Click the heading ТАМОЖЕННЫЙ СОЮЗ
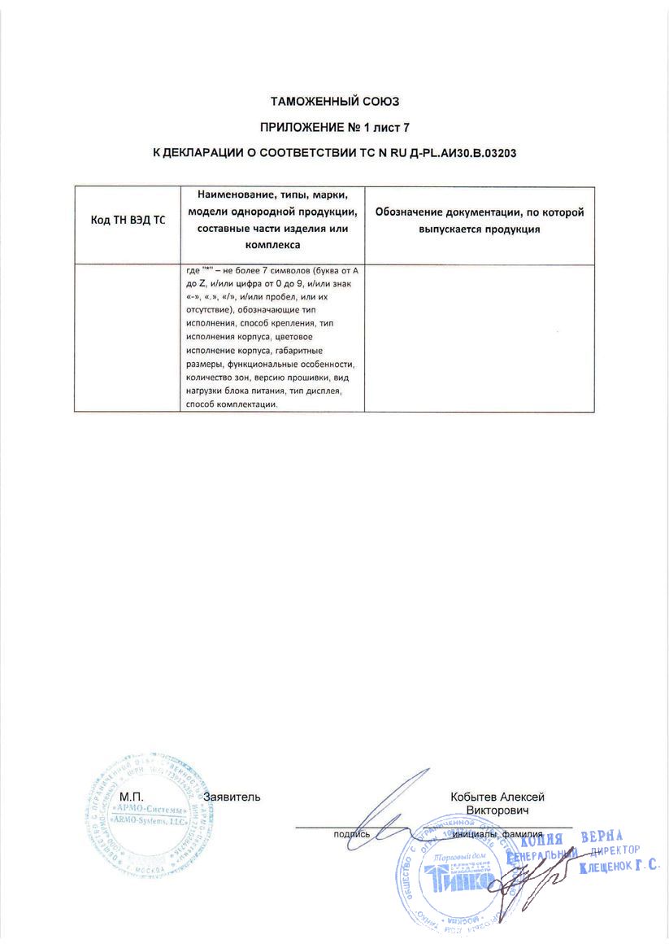coord(335,102)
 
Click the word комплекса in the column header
coord(272,244)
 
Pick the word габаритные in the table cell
coord(300,352)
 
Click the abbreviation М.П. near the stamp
coord(131,797)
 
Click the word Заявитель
coord(232,797)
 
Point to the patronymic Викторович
coord(497,811)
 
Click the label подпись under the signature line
coord(352,834)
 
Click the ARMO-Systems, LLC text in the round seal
coord(152,823)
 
